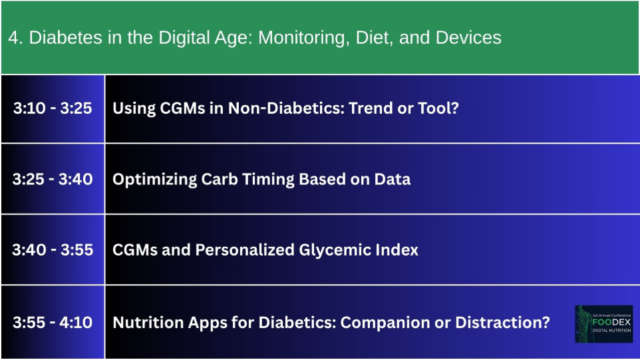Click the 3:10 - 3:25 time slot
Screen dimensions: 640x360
pyautogui.click(x=53, y=108)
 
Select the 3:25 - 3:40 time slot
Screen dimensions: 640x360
pyautogui.click(x=53, y=179)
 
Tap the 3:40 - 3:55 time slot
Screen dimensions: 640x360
pyautogui.click(x=53, y=250)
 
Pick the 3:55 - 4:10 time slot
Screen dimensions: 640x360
pyautogui.click(x=53, y=323)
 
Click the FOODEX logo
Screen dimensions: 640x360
pyautogui.click(x=603, y=323)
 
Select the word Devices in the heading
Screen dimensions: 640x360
pyautogui.click(x=468, y=37)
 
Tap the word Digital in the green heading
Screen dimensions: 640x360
pyautogui.click(x=186, y=38)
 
